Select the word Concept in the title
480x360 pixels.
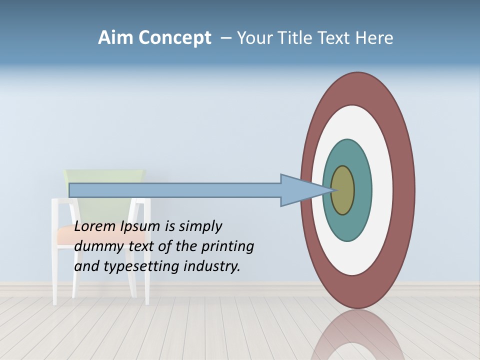(x=174, y=38)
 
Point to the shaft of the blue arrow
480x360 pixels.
(x=175, y=190)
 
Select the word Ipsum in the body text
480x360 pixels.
(x=140, y=227)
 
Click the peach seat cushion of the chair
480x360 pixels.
(x=65, y=235)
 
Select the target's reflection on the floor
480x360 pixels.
(x=357, y=335)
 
